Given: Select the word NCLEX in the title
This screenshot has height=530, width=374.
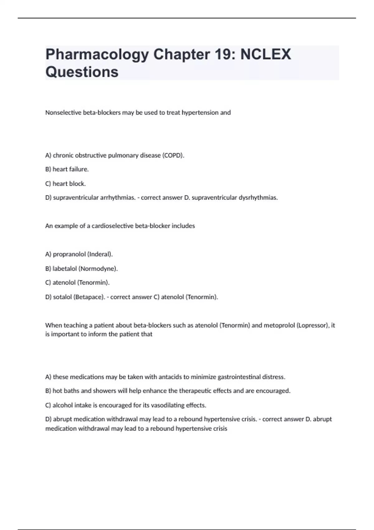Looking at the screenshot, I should pyautogui.click(x=266, y=55).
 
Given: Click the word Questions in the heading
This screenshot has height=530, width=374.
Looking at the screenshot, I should pyautogui.click(x=82, y=72).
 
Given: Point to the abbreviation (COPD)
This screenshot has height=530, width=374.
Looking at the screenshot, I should pyautogui.click(x=173, y=155).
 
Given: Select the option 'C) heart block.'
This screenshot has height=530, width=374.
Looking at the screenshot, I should pyautogui.click(x=65, y=184).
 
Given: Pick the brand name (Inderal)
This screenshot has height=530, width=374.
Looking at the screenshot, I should pyautogui.click(x=100, y=254).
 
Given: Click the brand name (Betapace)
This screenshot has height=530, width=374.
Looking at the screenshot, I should pyautogui.click(x=89, y=297).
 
